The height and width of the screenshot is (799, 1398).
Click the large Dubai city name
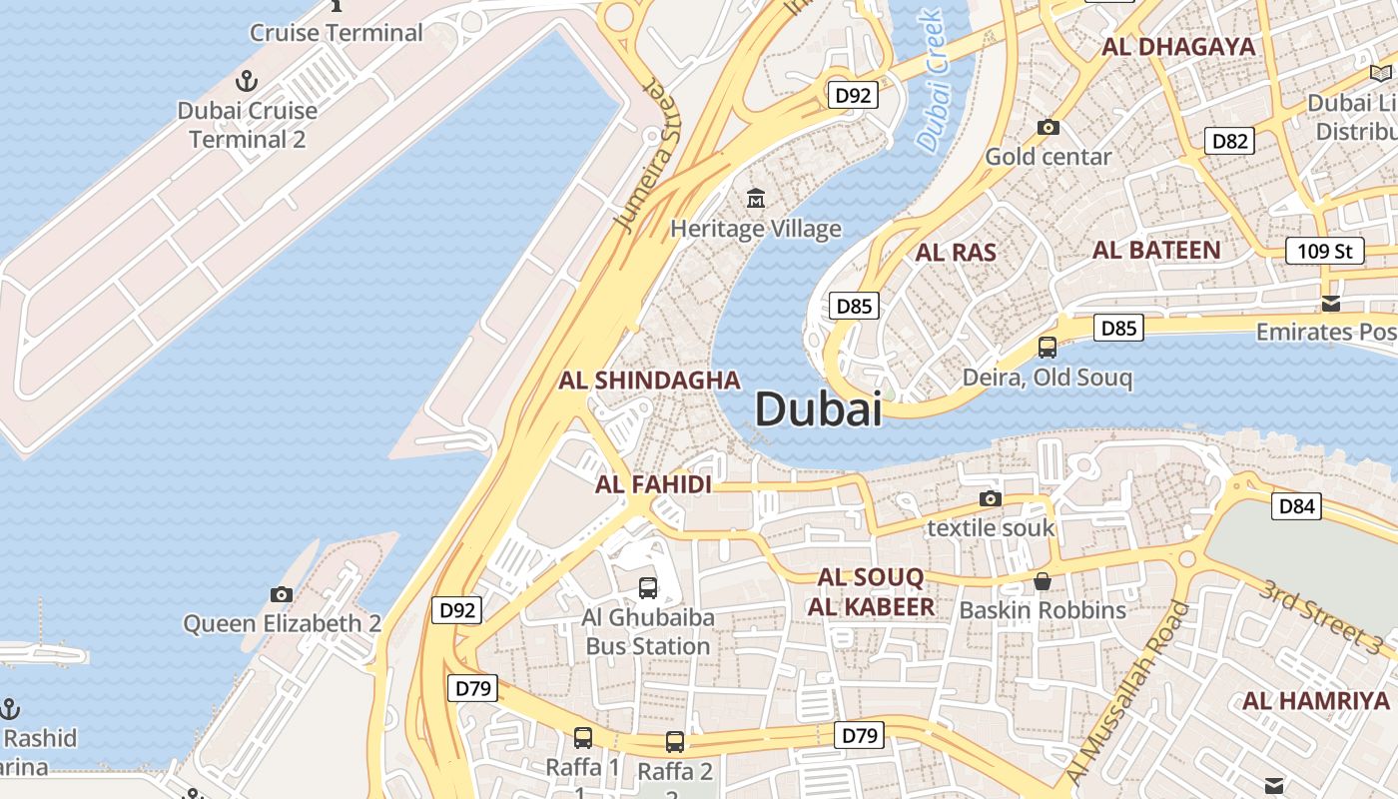pos(818,409)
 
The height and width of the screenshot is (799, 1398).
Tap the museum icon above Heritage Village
pos(756,198)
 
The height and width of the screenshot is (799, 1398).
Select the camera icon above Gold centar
pos(1048,127)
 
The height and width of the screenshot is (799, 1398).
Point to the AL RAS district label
pos(956,253)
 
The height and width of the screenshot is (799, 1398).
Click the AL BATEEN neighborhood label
pos(1156,250)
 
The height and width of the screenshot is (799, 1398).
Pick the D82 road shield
pos(1229,141)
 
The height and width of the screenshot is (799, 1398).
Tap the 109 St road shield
pos(1324,251)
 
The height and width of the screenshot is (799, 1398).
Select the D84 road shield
pos(1296,506)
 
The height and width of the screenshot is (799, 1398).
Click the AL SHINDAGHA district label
pos(649,381)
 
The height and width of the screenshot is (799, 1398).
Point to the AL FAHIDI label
pos(653,485)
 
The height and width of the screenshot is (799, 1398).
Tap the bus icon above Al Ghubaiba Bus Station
pos(648,587)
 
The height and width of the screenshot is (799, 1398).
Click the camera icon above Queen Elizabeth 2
pos(282,594)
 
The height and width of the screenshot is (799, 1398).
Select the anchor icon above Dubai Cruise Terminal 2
pos(246,81)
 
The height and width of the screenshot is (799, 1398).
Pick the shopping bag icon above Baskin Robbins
pos(1043,581)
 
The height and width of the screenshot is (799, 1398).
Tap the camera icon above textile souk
pos(991,498)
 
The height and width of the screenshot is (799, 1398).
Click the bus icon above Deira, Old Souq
pos(1047,348)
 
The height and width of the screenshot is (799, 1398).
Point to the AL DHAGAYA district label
pos(1178,47)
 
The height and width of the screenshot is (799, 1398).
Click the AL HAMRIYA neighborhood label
pos(1315,700)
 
